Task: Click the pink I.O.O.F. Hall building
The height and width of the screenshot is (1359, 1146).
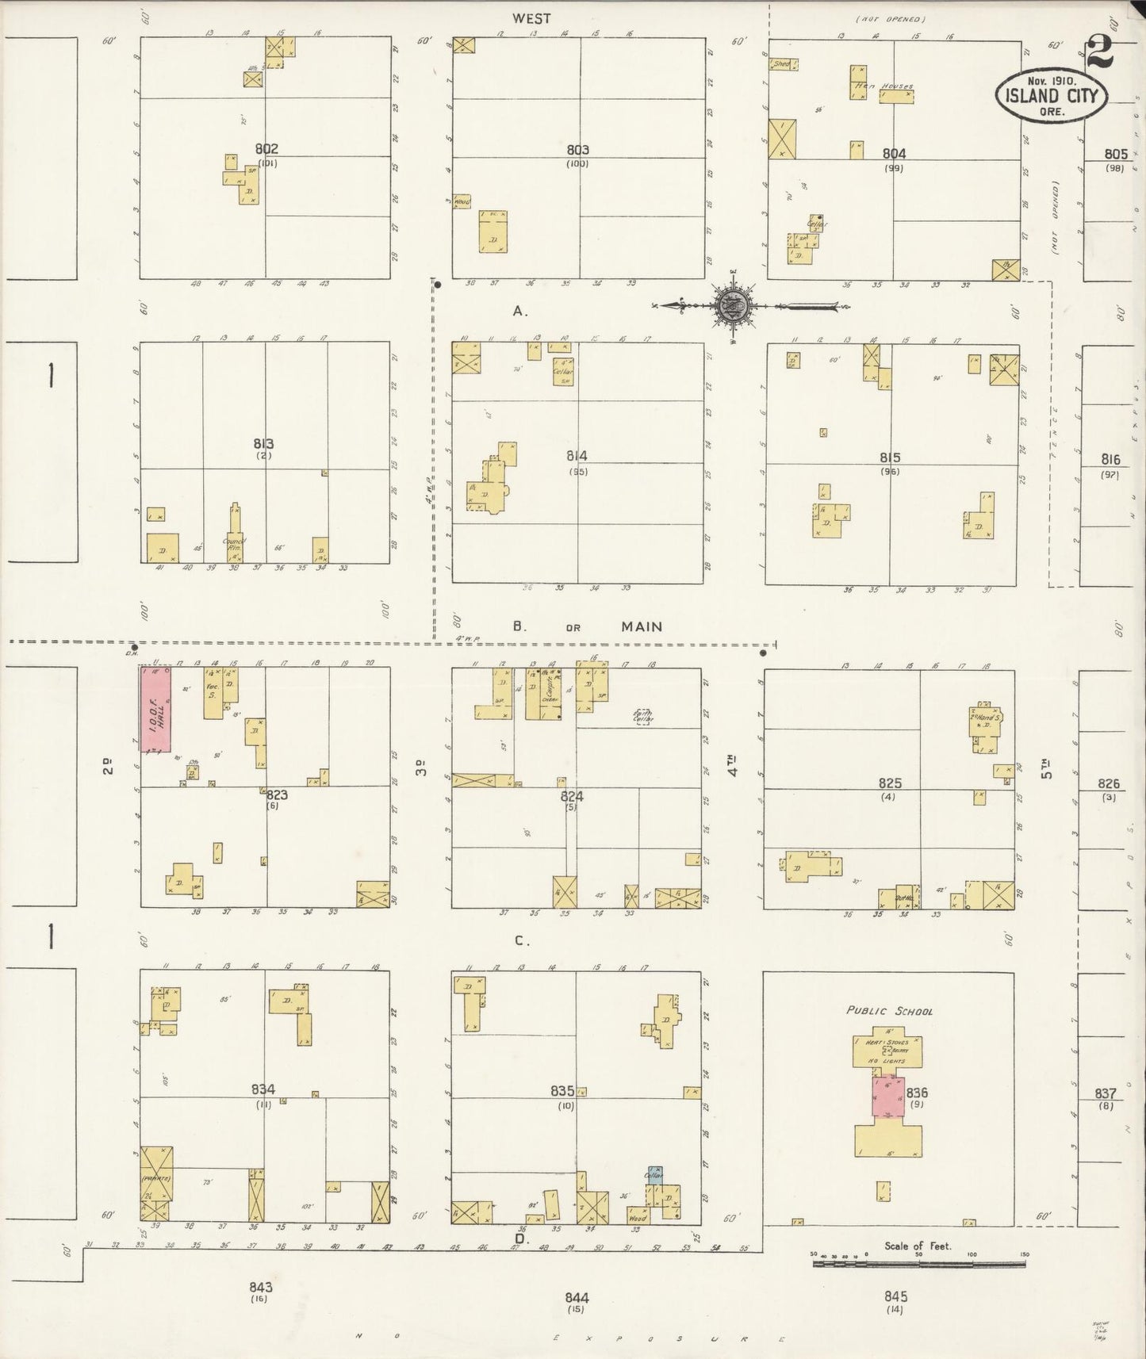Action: [x=155, y=709]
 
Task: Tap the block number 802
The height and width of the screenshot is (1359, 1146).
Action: [x=266, y=149]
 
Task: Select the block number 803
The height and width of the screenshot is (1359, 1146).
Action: [x=577, y=149]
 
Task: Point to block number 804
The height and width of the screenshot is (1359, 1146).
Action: [x=894, y=154]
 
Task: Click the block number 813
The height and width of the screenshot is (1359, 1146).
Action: [x=263, y=444]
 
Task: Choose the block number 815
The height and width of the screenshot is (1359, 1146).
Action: [x=890, y=457]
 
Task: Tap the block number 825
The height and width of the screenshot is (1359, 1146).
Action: [x=889, y=783]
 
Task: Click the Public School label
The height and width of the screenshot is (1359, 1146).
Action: [x=888, y=1011]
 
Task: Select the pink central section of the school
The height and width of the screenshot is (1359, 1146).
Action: [x=888, y=1096]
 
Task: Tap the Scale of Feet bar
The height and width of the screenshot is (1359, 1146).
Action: [x=918, y=1262]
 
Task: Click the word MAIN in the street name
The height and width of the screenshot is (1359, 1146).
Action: [x=642, y=626]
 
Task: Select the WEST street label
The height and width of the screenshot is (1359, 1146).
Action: [x=531, y=18]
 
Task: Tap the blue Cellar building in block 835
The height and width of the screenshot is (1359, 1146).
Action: [x=654, y=1174]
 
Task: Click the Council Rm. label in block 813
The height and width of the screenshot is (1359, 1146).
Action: [x=235, y=543]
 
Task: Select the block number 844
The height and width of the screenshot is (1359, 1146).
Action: [x=577, y=1297]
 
